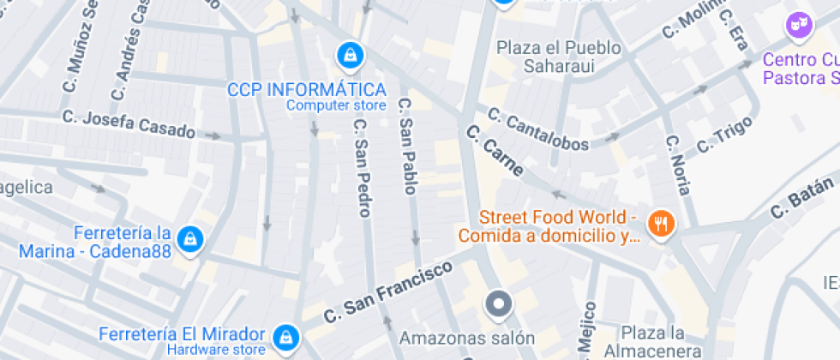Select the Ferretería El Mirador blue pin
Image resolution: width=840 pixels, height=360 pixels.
(286, 338)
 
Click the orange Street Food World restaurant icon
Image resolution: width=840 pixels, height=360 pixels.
(661, 225)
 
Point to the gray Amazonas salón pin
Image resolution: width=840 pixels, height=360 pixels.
(498, 305)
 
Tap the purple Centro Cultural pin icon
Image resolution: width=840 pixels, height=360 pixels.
(799, 25)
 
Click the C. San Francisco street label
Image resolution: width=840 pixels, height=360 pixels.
(388, 292)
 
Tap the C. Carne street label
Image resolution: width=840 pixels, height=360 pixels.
(495, 152)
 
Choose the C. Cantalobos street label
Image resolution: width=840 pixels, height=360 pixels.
(538, 128)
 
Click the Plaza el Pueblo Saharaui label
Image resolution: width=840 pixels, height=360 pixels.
(559, 56)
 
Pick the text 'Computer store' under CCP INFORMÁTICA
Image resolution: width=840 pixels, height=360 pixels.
(336, 106)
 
